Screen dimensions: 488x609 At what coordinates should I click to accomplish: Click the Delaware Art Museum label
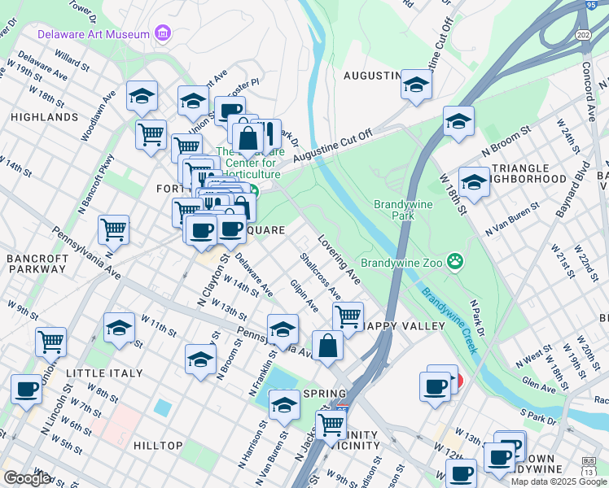(x=94, y=34)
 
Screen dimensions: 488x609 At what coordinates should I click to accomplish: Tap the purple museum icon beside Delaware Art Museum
(x=164, y=34)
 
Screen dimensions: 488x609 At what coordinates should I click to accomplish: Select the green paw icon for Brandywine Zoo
(x=455, y=262)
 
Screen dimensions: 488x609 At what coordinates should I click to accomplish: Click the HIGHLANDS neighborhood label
(x=45, y=117)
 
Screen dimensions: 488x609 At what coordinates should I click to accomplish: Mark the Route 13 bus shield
(x=588, y=469)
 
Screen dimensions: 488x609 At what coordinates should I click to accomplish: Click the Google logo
(x=28, y=478)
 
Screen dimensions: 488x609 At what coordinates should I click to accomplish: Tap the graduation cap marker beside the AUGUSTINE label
(x=416, y=85)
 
